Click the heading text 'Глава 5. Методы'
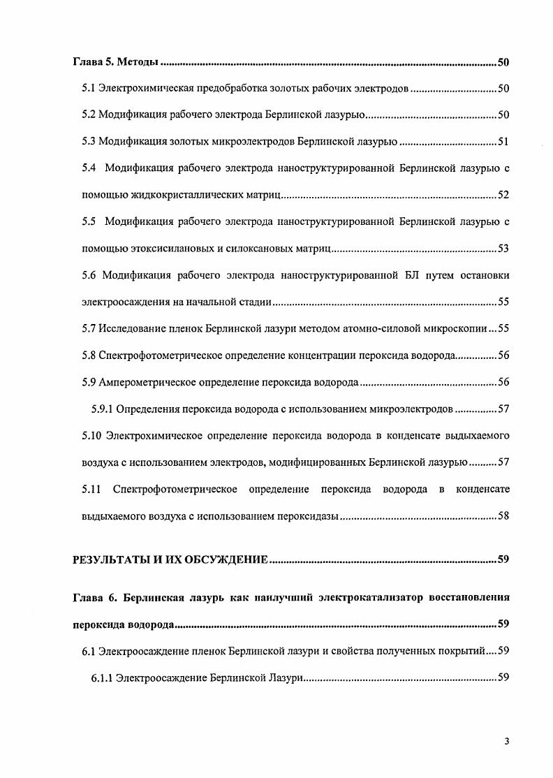(x=117, y=63)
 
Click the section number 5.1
(x=89, y=89)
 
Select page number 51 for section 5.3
(x=503, y=142)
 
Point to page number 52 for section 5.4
(x=503, y=194)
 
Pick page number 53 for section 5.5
(x=503, y=249)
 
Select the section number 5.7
(x=89, y=328)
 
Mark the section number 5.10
(x=91, y=436)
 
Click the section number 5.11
(x=91, y=489)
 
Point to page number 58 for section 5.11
(x=503, y=516)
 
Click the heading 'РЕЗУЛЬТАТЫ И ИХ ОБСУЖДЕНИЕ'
(x=170, y=559)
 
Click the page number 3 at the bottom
(x=506, y=742)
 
